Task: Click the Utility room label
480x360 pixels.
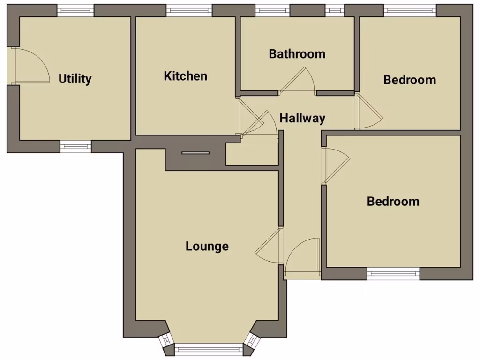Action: point(75,79)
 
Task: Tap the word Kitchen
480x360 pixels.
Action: point(185,76)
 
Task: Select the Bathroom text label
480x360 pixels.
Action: point(297,54)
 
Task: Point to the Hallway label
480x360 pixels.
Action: point(302,118)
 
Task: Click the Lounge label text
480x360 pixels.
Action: point(207,246)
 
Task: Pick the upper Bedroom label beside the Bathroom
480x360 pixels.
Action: point(409,80)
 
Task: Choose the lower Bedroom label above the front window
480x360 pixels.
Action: point(393,202)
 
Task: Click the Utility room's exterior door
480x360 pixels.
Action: point(30,66)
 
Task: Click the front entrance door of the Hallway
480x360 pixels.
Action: point(302,255)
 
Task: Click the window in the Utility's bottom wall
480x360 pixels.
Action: point(75,146)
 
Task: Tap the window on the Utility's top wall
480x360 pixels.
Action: point(75,10)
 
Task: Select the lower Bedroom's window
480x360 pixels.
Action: point(393,274)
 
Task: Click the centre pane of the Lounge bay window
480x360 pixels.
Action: point(209,349)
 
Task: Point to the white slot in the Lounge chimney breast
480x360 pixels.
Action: point(195,153)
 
